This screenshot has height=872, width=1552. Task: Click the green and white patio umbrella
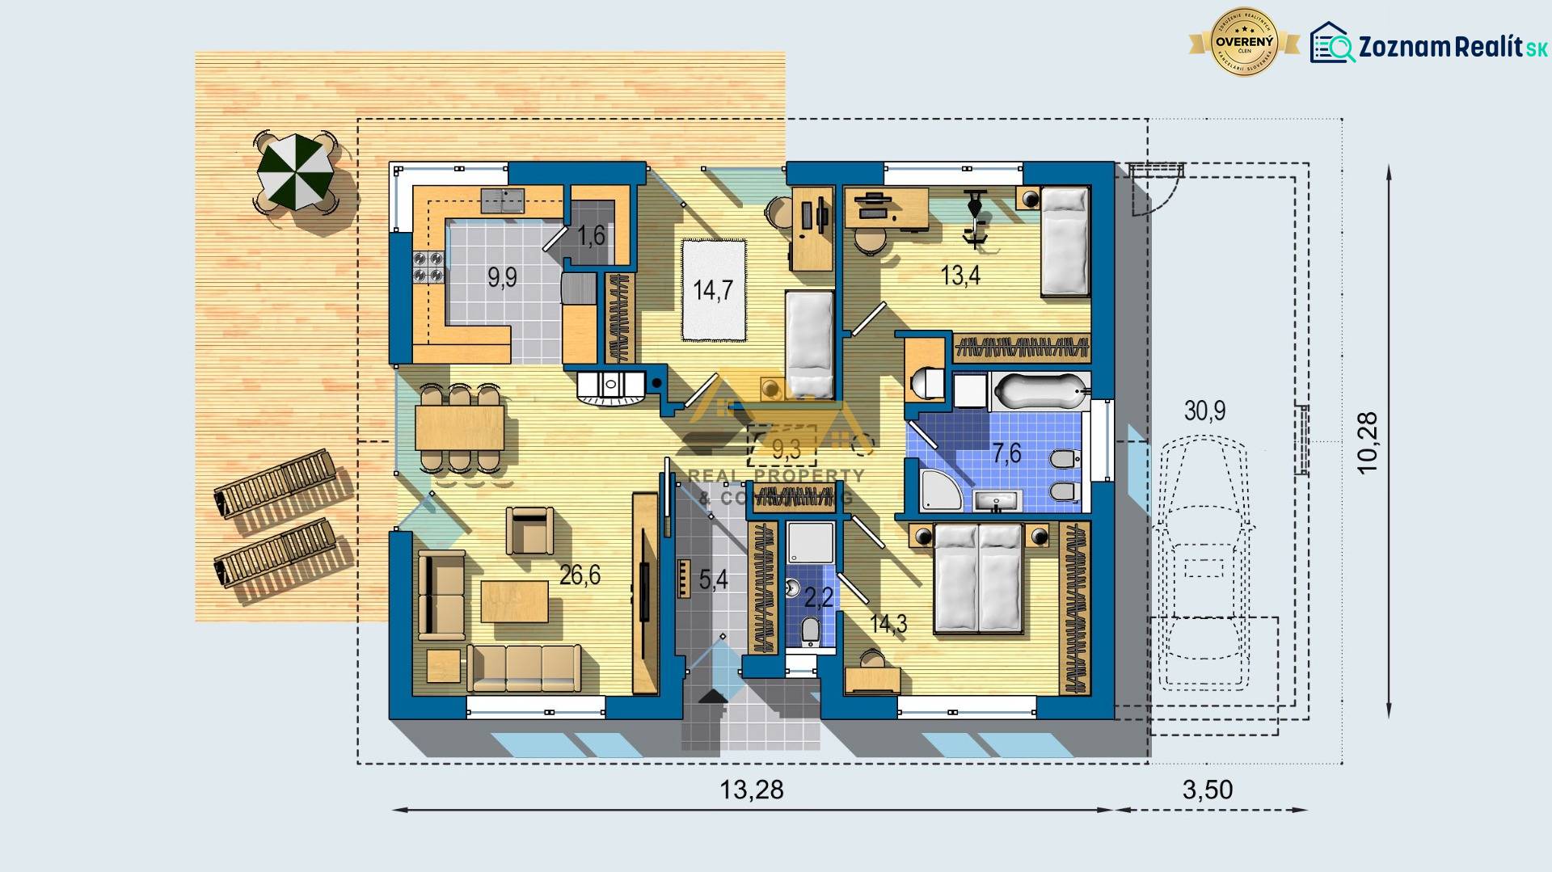pyautogui.click(x=294, y=171)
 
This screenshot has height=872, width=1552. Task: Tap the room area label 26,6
pyautogui.click(x=580, y=575)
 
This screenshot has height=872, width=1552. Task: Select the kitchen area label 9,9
pyautogui.click(x=502, y=277)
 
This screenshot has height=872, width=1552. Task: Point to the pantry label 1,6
pyautogui.click(x=591, y=235)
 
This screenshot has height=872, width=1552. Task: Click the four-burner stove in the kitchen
pyautogui.click(x=428, y=267)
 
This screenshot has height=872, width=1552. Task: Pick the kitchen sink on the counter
pyautogui.click(x=502, y=200)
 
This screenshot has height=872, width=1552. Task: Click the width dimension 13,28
pyautogui.click(x=751, y=790)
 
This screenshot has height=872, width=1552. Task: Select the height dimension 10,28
pyautogui.click(x=1367, y=442)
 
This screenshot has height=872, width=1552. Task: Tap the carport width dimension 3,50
pyautogui.click(x=1208, y=790)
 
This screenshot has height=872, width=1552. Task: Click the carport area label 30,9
pyautogui.click(x=1204, y=411)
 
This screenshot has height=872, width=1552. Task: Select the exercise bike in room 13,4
pyautogui.click(x=976, y=216)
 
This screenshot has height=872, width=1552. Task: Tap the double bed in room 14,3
pyautogui.click(x=978, y=578)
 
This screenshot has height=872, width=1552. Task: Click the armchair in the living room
pyautogui.click(x=529, y=530)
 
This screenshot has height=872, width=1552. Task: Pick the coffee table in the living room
pyautogui.click(x=514, y=602)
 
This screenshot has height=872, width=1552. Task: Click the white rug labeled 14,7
pyautogui.click(x=713, y=289)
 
